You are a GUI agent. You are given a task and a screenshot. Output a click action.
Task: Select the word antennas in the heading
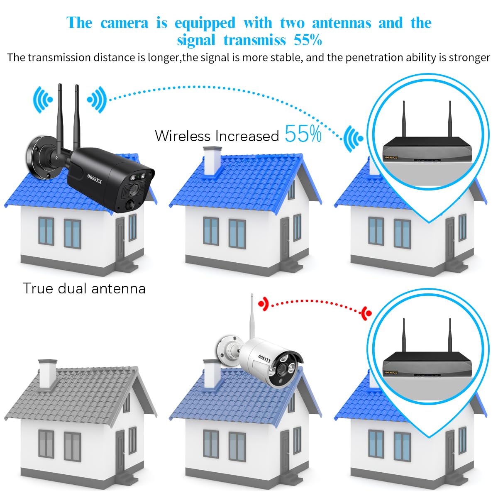[x=341, y=23]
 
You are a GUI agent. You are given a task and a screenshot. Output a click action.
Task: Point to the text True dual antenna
[x=84, y=288]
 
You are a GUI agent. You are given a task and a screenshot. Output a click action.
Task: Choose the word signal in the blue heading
[x=196, y=40]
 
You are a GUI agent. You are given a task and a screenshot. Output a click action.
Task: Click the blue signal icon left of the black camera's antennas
[x=43, y=100]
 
